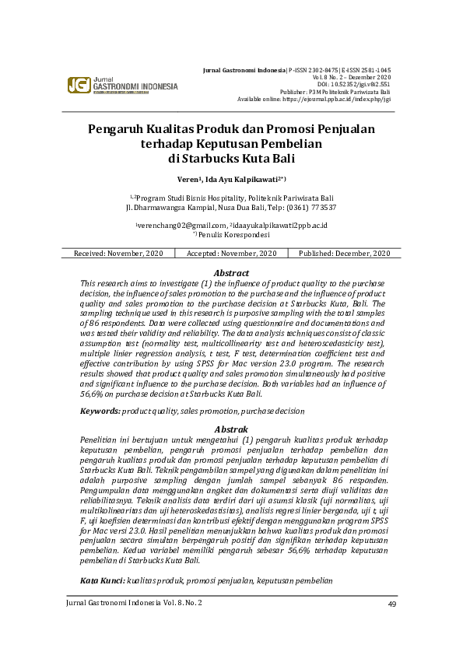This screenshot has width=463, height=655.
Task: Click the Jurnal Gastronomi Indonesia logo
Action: [122, 86]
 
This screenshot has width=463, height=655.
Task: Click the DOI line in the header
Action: [355, 84]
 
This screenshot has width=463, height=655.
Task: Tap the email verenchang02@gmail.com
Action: [173, 226]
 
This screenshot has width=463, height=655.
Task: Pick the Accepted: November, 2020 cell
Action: [232, 254]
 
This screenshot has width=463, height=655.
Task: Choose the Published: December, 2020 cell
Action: [345, 254]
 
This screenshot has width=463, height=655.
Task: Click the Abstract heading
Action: [231, 273]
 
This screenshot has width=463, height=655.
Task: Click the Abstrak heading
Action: [231, 429]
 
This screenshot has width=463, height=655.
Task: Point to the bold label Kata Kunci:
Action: [103, 581]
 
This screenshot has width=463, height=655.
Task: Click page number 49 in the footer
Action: [392, 604]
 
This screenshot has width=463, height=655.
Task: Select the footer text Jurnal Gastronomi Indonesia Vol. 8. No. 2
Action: [134, 604]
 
